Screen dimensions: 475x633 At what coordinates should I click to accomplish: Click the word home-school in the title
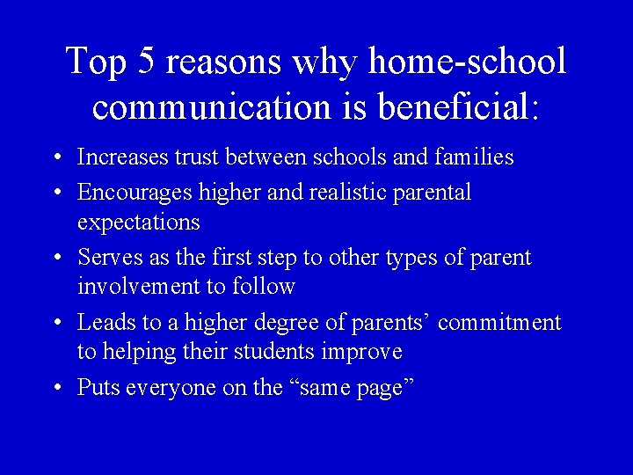coord(467,62)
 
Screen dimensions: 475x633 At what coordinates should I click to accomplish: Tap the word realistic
coord(352,192)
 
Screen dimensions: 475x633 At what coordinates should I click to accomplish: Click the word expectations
coord(138,222)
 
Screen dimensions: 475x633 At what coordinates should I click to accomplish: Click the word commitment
coord(498,323)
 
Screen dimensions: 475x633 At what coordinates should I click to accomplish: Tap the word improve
coord(364,353)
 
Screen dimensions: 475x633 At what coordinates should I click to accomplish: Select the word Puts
coord(98,387)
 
